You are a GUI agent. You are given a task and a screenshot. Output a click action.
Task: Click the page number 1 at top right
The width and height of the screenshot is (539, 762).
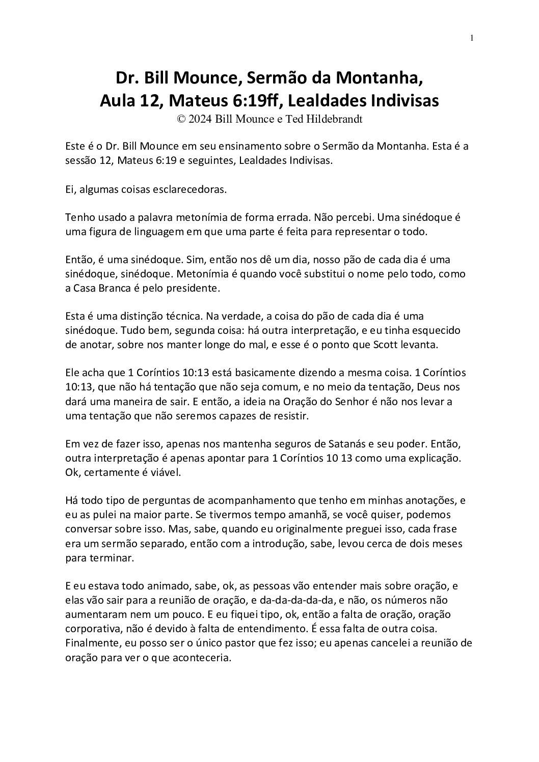472,38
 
